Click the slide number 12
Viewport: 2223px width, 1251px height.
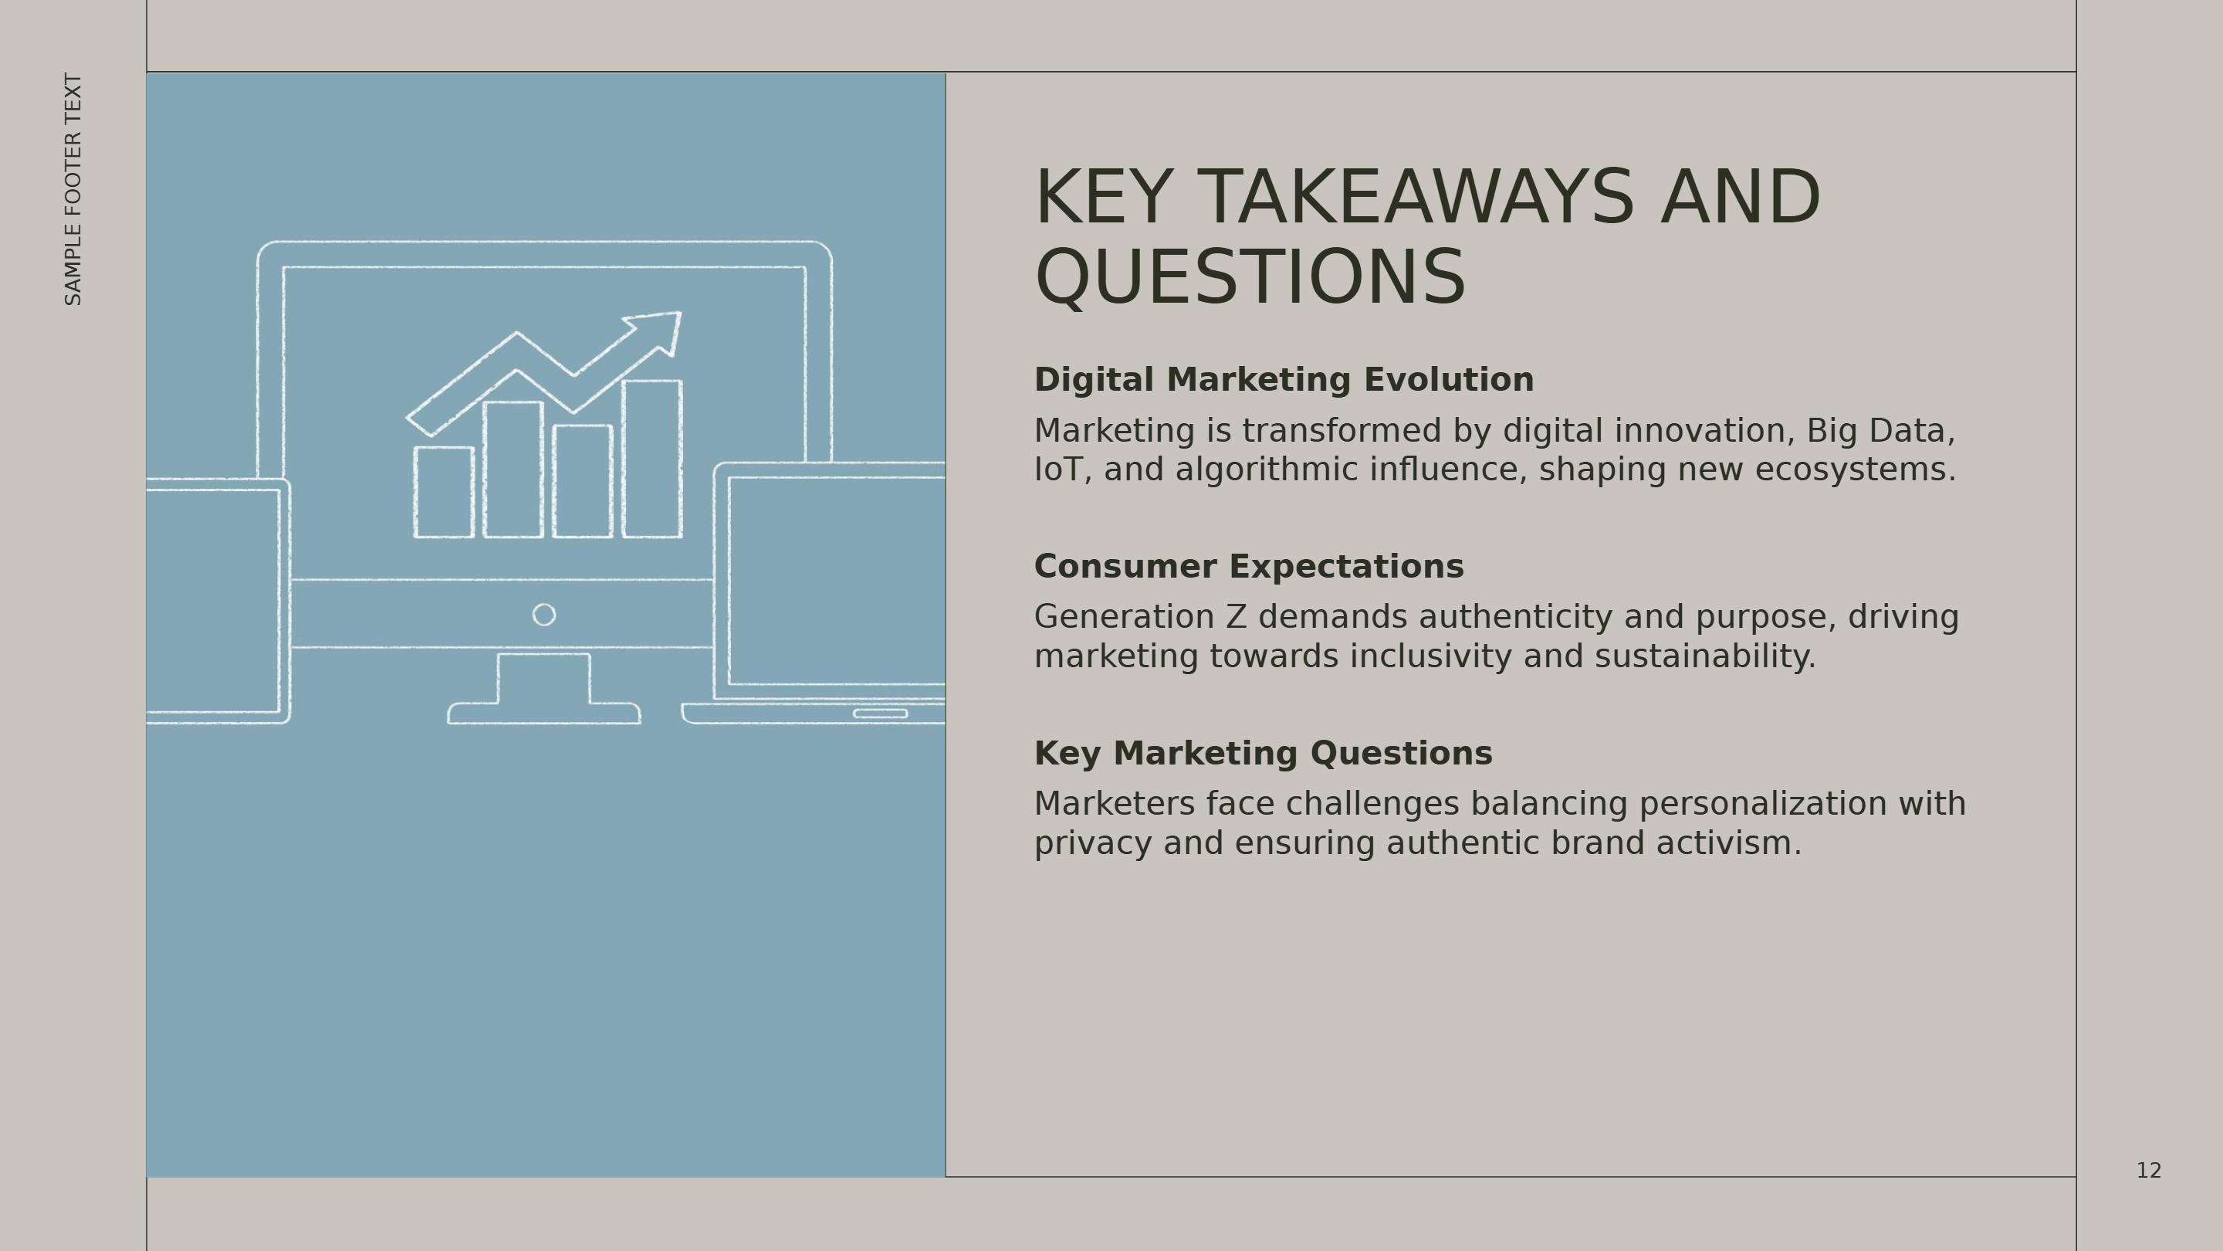2149,1171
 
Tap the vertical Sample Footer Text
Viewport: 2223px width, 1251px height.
73,189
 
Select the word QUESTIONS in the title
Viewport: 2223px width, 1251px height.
1250,277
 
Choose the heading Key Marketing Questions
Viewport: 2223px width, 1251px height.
1264,753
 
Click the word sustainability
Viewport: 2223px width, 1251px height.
1705,656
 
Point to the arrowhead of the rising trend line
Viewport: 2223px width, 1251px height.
659,331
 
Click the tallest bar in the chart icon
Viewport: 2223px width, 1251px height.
652,459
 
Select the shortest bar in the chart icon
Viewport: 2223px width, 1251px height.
444,492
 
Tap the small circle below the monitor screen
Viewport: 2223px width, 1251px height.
543,615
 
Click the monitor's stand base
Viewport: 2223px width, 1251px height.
543,714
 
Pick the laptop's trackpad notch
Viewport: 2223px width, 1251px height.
880,713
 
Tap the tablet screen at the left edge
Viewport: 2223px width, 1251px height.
212,601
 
